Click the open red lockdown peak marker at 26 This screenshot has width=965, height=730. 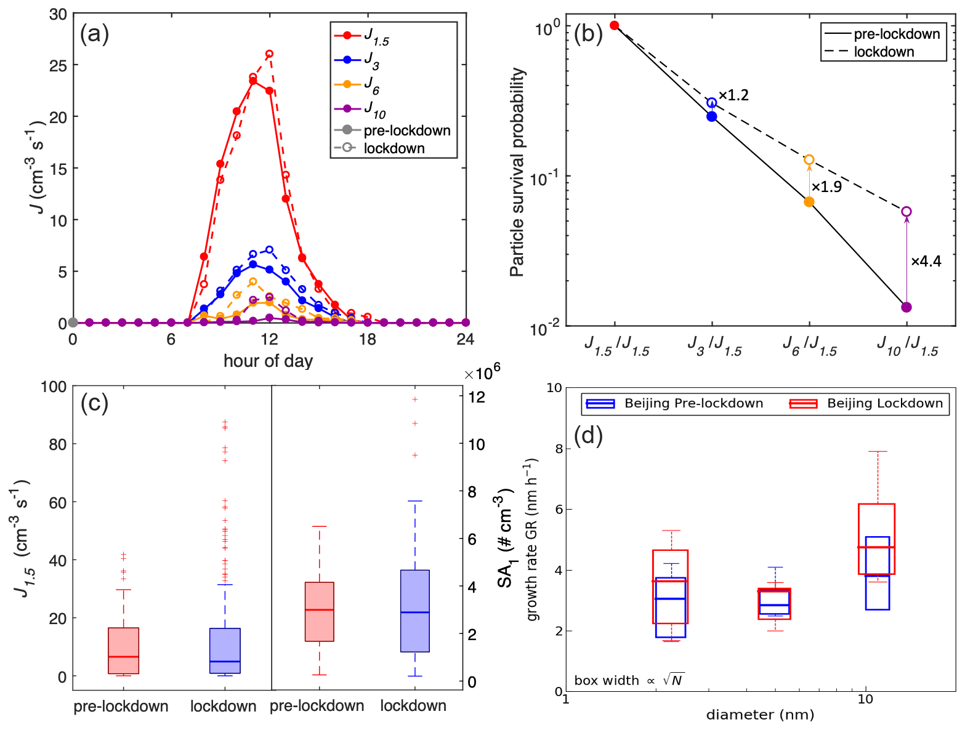[269, 54]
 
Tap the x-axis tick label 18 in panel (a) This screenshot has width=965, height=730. [367, 340]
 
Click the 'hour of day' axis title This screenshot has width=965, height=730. [268, 361]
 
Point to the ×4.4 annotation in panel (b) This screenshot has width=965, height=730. [926, 262]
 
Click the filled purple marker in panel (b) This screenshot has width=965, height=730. [906, 307]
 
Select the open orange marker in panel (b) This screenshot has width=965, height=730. [809, 160]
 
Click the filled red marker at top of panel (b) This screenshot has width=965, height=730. [614, 25]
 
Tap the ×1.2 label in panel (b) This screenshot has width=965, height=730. [733, 95]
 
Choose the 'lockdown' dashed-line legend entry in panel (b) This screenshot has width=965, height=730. [884, 52]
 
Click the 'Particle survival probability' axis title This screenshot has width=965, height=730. [517, 172]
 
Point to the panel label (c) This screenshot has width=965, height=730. [94, 403]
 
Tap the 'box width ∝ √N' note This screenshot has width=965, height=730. [629, 680]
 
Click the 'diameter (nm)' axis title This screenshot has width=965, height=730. [760, 715]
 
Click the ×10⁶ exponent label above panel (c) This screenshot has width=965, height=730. [482, 373]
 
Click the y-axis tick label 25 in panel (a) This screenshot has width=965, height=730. [59, 65]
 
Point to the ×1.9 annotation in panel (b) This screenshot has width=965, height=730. [826, 187]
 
